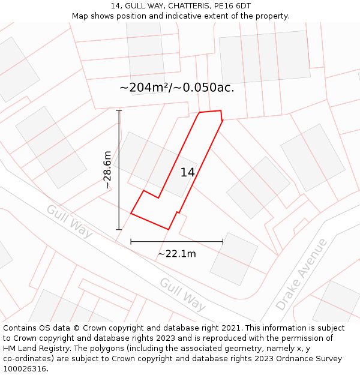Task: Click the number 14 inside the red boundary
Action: (x=187, y=173)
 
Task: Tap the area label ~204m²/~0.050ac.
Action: (x=176, y=88)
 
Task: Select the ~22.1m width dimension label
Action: (x=176, y=254)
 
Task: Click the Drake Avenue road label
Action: (x=302, y=274)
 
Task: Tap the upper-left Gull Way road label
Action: (x=70, y=221)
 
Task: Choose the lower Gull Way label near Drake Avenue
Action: (x=182, y=294)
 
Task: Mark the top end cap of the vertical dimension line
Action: (x=119, y=110)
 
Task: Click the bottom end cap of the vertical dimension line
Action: (x=119, y=229)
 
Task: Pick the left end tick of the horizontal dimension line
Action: (x=131, y=242)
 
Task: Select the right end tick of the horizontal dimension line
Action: (x=223, y=242)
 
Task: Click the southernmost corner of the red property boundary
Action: (x=169, y=229)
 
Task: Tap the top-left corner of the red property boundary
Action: (x=199, y=112)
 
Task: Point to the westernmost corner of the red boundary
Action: (x=131, y=213)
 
